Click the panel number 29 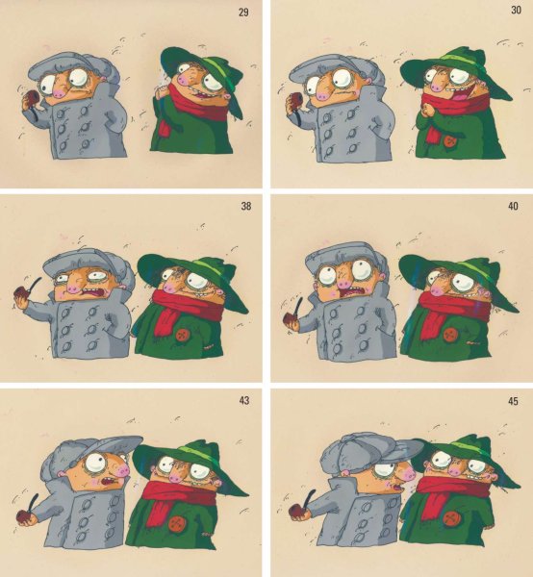[243, 13]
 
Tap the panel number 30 [516, 10]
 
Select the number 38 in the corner [246, 206]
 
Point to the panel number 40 [513, 206]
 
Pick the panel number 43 [244, 400]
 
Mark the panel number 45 [513, 401]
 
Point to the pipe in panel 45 [302, 506]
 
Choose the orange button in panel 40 [449, 335]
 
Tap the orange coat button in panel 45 [449, 519]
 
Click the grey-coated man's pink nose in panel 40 [345, 283]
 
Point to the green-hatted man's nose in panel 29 [184, 79]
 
